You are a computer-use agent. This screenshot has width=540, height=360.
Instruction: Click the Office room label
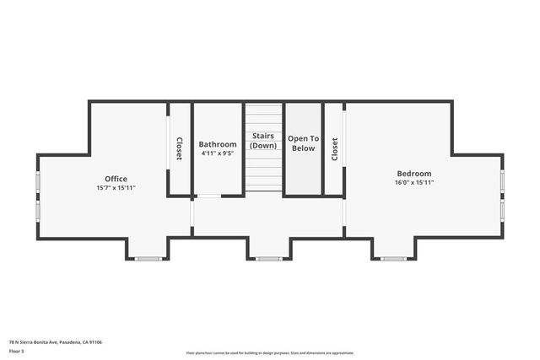[x=116, y=179]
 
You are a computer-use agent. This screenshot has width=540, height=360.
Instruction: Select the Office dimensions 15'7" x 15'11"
[x=116, y=187]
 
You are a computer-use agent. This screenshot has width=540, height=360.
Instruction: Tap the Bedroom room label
[x=413, y=173]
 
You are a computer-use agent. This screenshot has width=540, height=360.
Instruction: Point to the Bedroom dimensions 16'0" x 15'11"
[x=413, y=182]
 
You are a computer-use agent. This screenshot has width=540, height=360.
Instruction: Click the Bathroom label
[x=218, y=144]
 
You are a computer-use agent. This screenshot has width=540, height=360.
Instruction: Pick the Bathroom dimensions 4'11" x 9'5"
[x=218, y=153]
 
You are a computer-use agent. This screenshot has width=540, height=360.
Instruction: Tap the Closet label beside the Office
[x=179, y=149]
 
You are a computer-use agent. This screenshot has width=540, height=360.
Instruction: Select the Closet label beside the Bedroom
[x=335, y=149]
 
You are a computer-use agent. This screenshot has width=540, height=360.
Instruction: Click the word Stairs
[x=264, y=136]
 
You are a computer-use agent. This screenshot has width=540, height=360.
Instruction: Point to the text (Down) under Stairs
[x=264, y=146]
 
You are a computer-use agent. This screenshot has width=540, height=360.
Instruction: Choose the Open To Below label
[x=303, y=143]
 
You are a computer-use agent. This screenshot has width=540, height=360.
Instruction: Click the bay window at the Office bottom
[x=148, y=259]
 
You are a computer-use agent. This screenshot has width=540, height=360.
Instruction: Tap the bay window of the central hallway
[x=269, y=259]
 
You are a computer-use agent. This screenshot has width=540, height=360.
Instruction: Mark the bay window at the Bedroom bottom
[x=393, y=259]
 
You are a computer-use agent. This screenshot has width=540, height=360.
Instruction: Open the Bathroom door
[x=208, y=196]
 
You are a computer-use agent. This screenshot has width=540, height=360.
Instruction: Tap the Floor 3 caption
[x=17, y=351]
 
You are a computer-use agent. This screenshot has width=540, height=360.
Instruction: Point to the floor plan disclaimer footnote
[x=270, y=353]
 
